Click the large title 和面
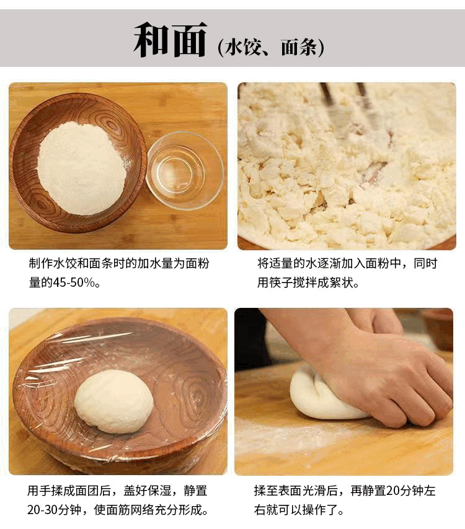click(x=170, y=40)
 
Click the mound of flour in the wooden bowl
click(x=82, y=168)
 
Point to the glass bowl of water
click(x=184, y=170)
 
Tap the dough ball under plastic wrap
click(x=114, y=401)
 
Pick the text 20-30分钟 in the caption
click(x=57, y=509)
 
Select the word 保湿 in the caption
click(x=160, y=491)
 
